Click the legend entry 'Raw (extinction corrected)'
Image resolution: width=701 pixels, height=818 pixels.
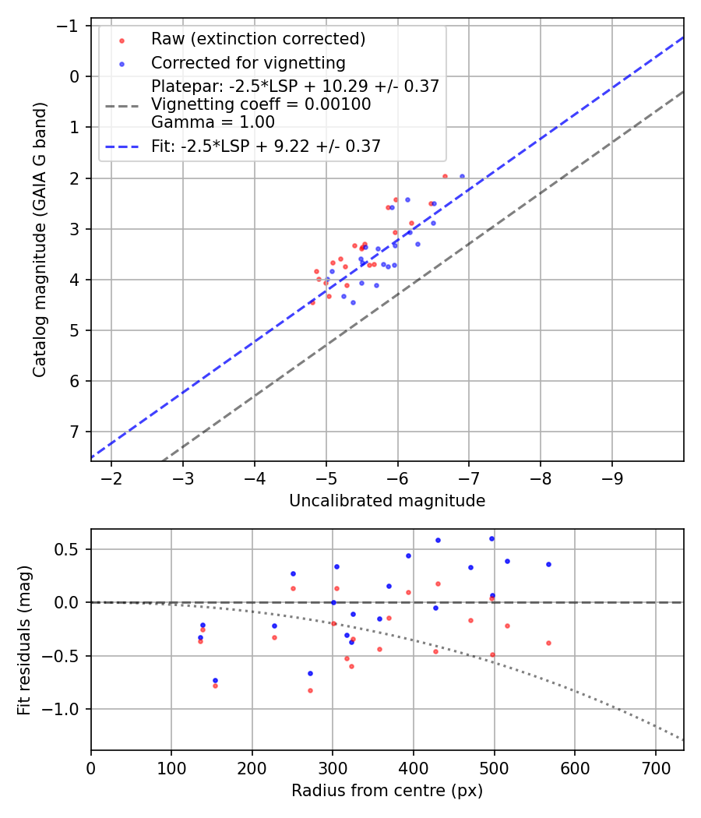point(258,39)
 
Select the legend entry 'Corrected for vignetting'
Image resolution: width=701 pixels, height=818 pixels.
point(248,62)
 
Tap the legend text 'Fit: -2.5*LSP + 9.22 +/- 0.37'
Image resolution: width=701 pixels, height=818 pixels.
point(266,146)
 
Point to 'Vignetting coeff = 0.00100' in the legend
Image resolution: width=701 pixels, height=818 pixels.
point(261,104)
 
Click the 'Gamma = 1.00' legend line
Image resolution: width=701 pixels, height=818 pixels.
point(213,122)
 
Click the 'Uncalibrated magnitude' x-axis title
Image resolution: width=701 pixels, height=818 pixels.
point(387,501)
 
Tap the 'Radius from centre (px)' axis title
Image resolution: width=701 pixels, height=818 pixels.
point(387,791)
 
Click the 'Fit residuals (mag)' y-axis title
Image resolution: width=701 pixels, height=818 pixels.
point(24,640)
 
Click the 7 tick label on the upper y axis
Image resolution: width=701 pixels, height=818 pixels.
point(75,432)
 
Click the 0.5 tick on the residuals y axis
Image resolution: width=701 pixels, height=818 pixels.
point(71,549)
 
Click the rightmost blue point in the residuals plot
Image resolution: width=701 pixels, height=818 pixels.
point(548,564)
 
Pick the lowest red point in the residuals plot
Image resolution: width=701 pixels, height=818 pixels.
point(310,690)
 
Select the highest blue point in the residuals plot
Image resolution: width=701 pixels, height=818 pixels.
point(491,538)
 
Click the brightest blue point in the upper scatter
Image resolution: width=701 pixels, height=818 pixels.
point(462,177)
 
